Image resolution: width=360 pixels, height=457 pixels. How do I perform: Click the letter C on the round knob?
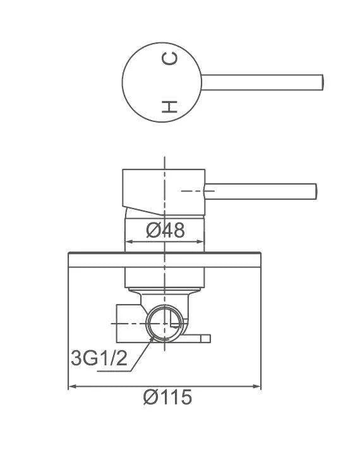(x=169, y=58)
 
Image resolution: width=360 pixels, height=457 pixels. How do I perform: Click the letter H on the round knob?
(x=169, y=107)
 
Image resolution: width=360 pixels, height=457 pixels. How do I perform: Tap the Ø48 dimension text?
(x=165, y=230)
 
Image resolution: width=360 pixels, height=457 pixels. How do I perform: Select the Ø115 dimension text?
(x=167, y=397)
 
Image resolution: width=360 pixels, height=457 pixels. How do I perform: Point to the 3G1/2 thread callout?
(x=99, y=358)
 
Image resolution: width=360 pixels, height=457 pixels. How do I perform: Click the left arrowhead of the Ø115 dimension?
(x=71, y=386)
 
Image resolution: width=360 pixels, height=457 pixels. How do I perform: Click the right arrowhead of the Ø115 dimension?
(x=258, y=386)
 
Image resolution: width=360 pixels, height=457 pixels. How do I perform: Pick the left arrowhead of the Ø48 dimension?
(x=128, y=241)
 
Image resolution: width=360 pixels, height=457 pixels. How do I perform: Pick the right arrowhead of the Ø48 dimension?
(x=201, y=241)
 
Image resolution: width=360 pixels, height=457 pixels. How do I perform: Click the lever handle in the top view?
(x=262, y=82)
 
